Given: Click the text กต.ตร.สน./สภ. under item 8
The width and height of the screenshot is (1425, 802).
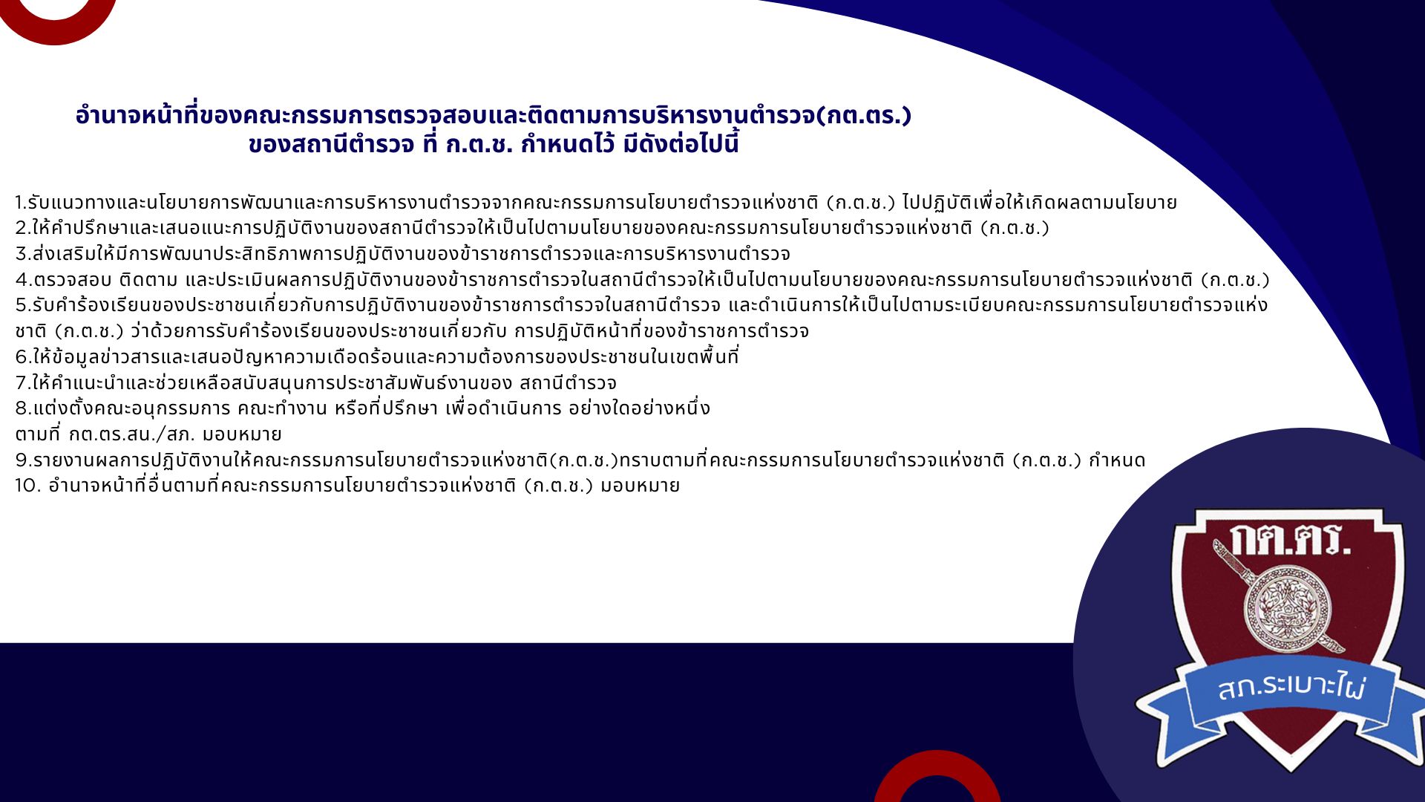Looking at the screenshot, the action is tap(132, 434).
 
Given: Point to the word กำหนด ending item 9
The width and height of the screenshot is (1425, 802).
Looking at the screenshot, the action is tap(1117, 460).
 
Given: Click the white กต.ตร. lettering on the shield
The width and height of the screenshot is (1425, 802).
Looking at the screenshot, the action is tap(1290, 540).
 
